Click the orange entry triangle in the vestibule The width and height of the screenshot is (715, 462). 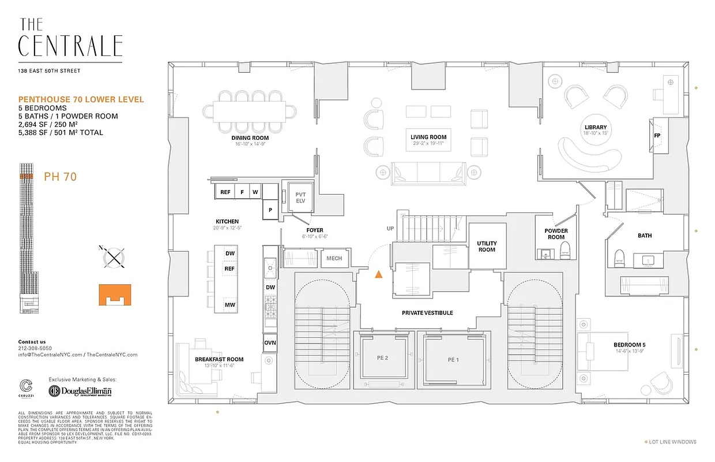pyautogui.click(x=378, y=275)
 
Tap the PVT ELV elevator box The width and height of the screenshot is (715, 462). pyautogui.click(x=300, y=198)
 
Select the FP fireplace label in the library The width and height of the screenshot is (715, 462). pyautogui.click(x=657, y=136)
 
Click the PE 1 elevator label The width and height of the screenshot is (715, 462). pyautogui.click(x=453, y=359)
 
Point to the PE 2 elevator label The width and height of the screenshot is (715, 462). pyautogui.click(x=382, y=359)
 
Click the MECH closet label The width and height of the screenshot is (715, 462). pyautogui.click(x=334, y=258)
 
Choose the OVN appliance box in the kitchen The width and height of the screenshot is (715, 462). pyautogui.click(x=269, y=342)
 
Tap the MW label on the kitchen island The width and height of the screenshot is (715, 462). pyautogui.click(x=229, y=305)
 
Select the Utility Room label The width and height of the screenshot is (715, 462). pyautogui.click(x=487, y=247)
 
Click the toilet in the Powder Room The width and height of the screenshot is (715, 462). pyautogui.click(x=565, y=249)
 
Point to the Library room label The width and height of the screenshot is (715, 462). pyautogui.click(x=595, y=128)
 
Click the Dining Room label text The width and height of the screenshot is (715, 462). pyautogui.click(x=251, y=138)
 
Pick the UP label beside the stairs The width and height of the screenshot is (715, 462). pyautogui.click(x=390, y=229)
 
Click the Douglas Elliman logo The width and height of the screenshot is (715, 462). pyautogui.click(x=81, y=391)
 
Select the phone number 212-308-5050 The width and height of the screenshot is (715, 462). pyautogui.click(x=34, y=348)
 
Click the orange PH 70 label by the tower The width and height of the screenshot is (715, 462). pyautogui.click(x=60, y=177)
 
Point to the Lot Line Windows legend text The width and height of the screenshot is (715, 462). pyautogui.click(x=672, y=442)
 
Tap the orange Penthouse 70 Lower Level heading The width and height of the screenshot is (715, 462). pyautogui.click(x=81, y=99)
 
